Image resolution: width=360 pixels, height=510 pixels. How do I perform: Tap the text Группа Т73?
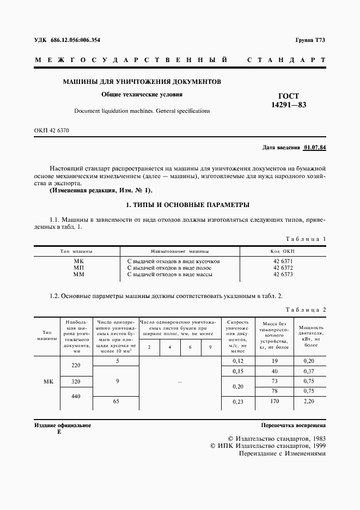(x=310, y=40)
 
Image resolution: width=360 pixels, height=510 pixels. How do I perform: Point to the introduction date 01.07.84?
(x=315, y=147)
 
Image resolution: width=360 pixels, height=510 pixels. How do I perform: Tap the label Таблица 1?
(x=306, y=239)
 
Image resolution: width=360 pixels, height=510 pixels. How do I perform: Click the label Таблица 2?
(x=306, y=309)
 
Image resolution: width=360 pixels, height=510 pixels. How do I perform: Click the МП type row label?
(x=79, y=268)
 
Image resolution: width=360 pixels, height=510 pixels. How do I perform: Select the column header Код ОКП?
(x=283, y=251)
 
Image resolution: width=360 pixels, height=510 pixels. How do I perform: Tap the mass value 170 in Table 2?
(x=274, y=402)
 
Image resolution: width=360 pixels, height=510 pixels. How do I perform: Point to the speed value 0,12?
(x=237, y=361)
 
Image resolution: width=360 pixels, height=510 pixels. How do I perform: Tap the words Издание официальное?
(x=63, y=425)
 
